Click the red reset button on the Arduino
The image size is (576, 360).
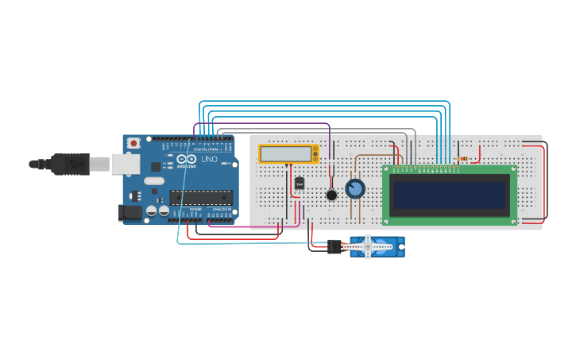133,143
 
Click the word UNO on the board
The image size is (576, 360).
209,159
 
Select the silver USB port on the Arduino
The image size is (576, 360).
126,164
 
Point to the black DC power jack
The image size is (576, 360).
129,212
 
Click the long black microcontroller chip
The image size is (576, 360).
201,198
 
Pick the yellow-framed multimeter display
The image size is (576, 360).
287,154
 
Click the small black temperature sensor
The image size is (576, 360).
300,184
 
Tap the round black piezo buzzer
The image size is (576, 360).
331,195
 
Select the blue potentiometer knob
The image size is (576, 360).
355,188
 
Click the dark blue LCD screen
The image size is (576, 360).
448,195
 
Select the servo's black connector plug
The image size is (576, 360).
334,246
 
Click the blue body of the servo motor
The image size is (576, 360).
385,247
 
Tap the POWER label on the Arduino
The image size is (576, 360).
195,209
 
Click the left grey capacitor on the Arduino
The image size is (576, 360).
151,211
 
